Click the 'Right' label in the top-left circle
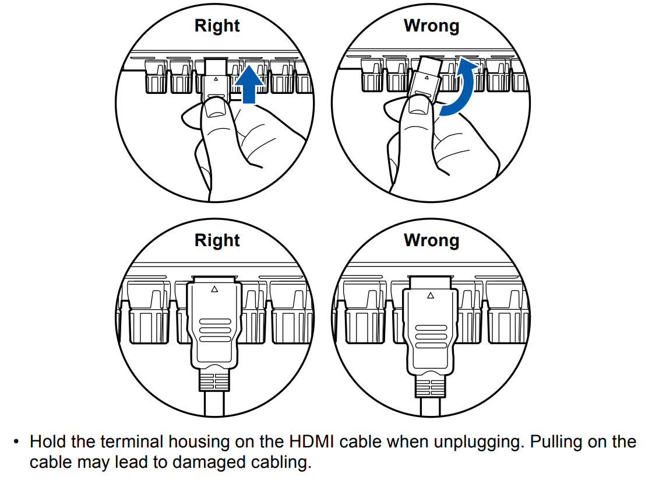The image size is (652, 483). (217, 26)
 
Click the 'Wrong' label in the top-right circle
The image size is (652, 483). (431, 26)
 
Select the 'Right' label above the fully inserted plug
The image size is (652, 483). (217, 240)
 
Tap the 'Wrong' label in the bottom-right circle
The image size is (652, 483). (431, 240)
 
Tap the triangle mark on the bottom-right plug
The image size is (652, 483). (431, 295)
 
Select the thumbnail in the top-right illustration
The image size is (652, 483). (417, 105)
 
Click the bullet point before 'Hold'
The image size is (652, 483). (17, 442)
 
